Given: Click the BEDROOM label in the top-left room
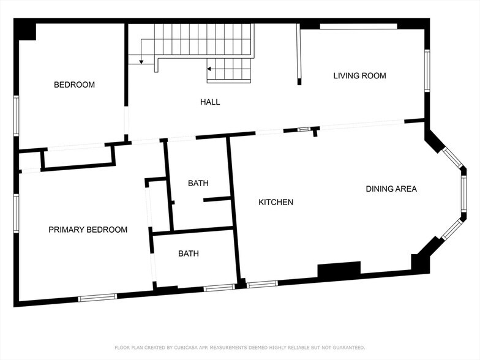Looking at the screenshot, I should (x=74, y=84).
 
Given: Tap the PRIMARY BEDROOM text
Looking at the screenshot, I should (x=88, y=230).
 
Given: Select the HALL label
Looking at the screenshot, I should (x=210, y=102).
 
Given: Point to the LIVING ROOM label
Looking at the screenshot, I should (x=359, y=76).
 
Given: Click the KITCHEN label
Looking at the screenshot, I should (x=276, y=202).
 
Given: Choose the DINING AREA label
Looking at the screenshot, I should (x=391, y=189).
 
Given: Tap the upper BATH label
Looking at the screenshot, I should (x=198, y=183).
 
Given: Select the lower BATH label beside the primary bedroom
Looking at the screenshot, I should (x=189, y=253).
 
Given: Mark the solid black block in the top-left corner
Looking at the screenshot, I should (x=26, y=30).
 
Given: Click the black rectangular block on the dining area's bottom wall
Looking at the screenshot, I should (x=339, y=270).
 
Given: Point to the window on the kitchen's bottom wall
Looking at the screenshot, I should (x=262, y=283).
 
